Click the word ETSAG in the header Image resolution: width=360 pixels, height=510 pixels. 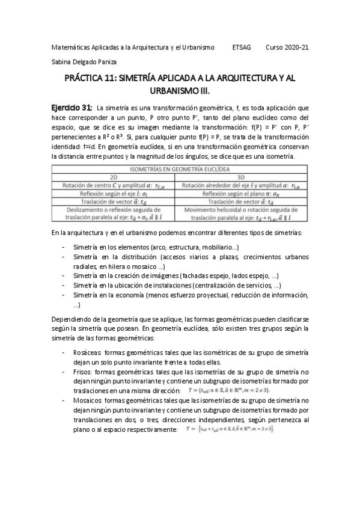(x=242, y=46)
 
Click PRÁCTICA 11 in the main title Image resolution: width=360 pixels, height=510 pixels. (x=91, y=78)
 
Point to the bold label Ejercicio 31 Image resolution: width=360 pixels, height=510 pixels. (x=70, y=106)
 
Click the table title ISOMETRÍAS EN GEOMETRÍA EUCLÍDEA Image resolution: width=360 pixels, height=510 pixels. (x=180, y=170)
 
